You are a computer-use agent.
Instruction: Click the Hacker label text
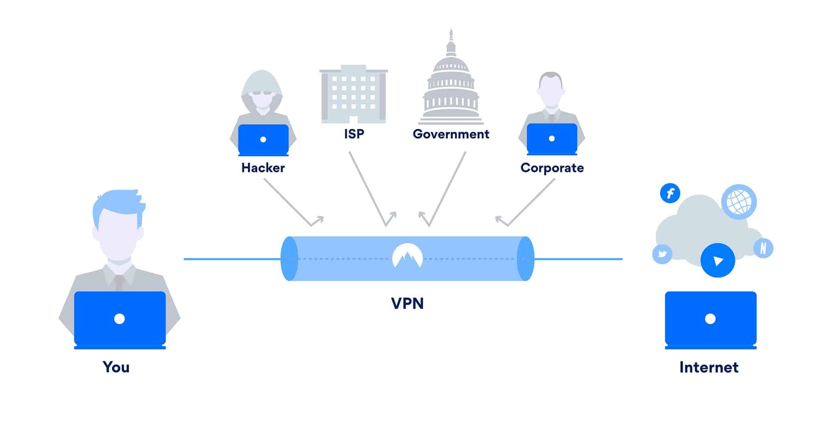[x=263, y=168]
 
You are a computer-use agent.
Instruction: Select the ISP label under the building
[x=354, y=134]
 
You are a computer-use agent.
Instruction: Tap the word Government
[x=451, y=134]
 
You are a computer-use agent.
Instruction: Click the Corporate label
[x=552, y=168]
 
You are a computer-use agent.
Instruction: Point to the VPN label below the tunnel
[x=407, y=303]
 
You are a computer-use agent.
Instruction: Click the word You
[x=116, y=367]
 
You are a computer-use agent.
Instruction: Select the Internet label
[x=709, y=367]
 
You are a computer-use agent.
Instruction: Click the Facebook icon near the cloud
[x=670, y=193]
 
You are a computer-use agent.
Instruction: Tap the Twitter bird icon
[x=662, y=254]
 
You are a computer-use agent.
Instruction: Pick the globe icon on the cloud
[x=739, y=202]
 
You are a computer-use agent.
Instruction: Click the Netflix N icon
[x=763, y=248]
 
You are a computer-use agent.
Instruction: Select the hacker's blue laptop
[x=263, y=139]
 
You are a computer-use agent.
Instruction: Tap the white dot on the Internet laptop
[x=710, y=319]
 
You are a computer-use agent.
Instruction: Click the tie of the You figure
[x=119, y=282]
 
